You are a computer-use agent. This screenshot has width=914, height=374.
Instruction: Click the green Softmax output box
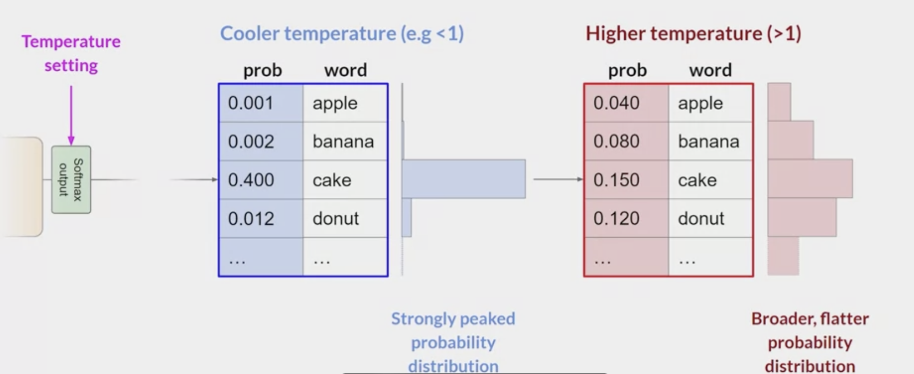click(x=71, y=180)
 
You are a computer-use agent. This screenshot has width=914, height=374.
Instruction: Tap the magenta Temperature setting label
click(x=71, y=54)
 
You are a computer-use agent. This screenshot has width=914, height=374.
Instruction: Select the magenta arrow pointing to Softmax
click(x=71, y=115)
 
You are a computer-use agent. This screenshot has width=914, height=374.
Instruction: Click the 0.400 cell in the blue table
click(x=261, y=180)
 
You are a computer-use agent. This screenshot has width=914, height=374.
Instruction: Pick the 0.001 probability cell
click(x=261, y=103)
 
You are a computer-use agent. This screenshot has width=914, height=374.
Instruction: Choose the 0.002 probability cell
click(x=261, y=142)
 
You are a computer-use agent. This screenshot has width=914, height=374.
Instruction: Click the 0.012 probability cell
click(x=261, y=219)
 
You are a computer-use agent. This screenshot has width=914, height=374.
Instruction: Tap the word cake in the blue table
click(x=332, y=180)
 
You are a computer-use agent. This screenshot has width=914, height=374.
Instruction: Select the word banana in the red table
click(x=709, y=142)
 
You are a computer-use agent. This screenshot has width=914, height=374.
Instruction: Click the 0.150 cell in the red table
click(x=626, y=180)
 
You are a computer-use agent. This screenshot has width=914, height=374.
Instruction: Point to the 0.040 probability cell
click(x=626, y=103)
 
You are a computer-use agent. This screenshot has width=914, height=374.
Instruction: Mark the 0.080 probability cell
click(x=626, y=142)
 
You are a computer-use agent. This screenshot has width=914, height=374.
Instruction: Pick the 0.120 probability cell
click(x=626, y=219)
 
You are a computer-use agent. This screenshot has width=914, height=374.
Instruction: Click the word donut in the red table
click(x=701, y=219)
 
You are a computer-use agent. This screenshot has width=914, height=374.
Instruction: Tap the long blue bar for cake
click(x=464, y=179)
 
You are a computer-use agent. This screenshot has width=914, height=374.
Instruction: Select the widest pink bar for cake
click(x=810, y=179)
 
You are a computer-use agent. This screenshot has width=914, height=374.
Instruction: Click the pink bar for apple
click(x=779, y=102)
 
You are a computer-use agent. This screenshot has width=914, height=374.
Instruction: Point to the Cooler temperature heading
click(x=342, y=34)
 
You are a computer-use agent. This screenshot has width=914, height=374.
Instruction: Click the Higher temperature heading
click(x=693, y=34)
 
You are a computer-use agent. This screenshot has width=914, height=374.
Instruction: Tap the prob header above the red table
click(x=627, y=70)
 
